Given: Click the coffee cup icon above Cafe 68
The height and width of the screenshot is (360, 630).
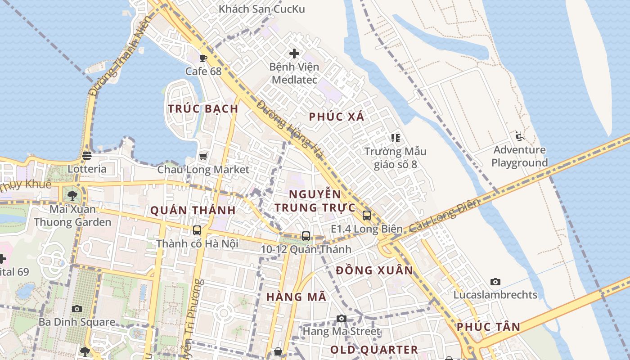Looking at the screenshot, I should click(x=203, y=58).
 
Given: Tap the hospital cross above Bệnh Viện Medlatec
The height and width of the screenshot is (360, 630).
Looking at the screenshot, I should click(x=294, y=54).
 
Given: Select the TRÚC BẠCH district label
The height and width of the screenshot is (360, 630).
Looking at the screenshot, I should click(x=203, y=109).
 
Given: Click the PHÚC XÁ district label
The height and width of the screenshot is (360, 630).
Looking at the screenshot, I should click(x=337, y=117).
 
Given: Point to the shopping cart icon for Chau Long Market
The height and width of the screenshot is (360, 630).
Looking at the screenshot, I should click(x=203, y=156).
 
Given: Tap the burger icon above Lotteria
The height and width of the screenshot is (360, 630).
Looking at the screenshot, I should click(x=87, y=156).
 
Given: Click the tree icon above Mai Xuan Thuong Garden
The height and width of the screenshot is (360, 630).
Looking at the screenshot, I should click(x=72, y=196).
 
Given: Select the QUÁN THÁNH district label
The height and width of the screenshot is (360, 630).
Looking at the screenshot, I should click(x=193, y=210).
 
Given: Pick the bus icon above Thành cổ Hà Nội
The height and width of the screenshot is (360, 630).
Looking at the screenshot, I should click(x=197, y=230).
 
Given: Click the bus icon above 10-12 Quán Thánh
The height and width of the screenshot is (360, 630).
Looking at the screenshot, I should click(x=306, y=236).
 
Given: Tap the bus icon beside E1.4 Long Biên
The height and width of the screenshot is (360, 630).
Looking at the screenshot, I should click(x=367, y=216).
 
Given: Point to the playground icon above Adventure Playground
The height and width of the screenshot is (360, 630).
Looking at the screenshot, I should click(x=520, y=136).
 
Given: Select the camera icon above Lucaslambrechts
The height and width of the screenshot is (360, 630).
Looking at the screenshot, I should click(x=495, y=282).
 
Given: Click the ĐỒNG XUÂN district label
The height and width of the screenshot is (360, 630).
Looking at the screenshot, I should click(x=374, y=270).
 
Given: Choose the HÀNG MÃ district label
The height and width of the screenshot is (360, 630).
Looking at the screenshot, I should click(x=296, y=297).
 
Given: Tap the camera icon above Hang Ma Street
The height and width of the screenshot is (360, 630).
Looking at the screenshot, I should click(x=342, y=319).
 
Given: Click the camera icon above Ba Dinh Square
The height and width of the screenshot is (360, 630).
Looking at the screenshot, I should click(x=77, y=309).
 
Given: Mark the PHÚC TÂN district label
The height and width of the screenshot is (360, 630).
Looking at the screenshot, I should click(x=488, y=327).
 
